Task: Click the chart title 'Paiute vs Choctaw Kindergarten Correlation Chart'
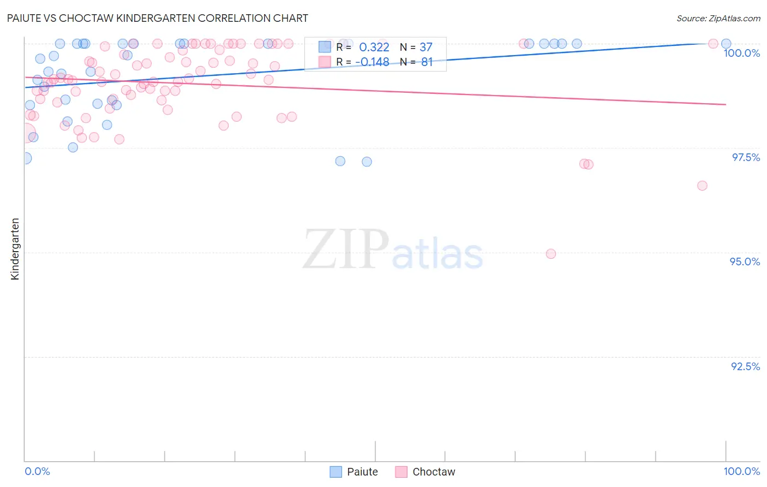coord(158,18)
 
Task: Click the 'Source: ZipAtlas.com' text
coord(718,18)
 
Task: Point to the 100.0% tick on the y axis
coord(741,53)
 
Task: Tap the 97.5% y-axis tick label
coord(745,157)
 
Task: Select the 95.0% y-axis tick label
coord(745,262)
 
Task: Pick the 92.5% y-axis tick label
coord(745,366)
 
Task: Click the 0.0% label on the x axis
coord(37,471)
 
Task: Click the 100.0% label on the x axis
coord(741,471)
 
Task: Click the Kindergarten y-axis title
coord(15,249)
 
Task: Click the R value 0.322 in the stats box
coord(374,47)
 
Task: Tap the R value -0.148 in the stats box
coord(372,62)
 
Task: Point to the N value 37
coord(426,47)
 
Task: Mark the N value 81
coord(427,62)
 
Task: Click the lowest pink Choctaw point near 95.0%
coord(550,254)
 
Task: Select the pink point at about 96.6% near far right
coord(702,186)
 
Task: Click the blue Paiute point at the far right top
coord(726,44)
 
